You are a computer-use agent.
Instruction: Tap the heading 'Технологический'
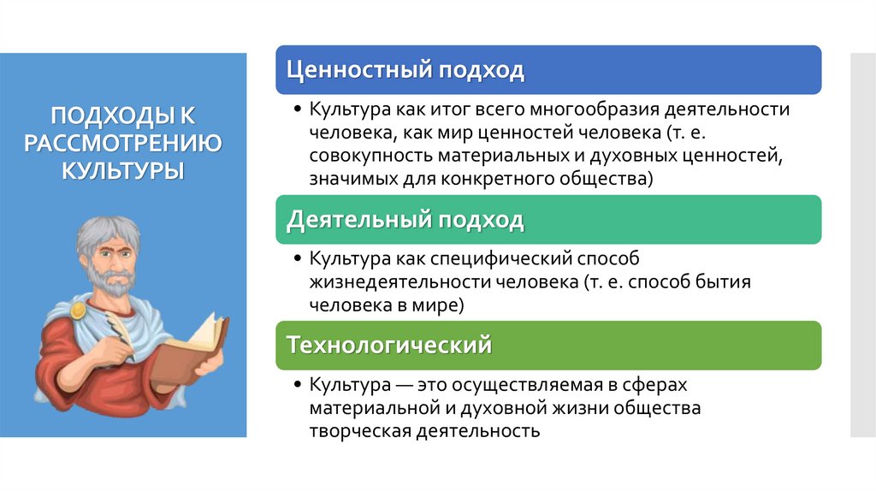389,346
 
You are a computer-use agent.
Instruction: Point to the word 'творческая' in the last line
360,430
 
